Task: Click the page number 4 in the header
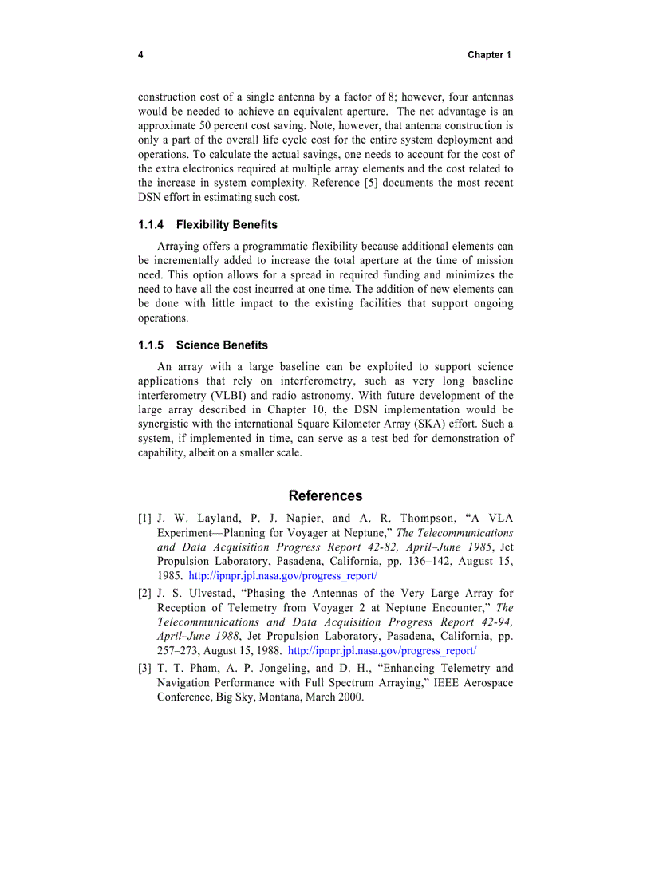point(140,55)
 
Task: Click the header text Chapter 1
point(488,55)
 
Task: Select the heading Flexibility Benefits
point(227,225)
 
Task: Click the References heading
point(325,495)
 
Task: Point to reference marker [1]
point(144,519)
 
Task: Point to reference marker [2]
point(144,594)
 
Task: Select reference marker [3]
point(144,669)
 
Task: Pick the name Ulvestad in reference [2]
point(207,594)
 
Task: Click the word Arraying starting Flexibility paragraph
point(180,247)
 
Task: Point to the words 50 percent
point(216,126)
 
